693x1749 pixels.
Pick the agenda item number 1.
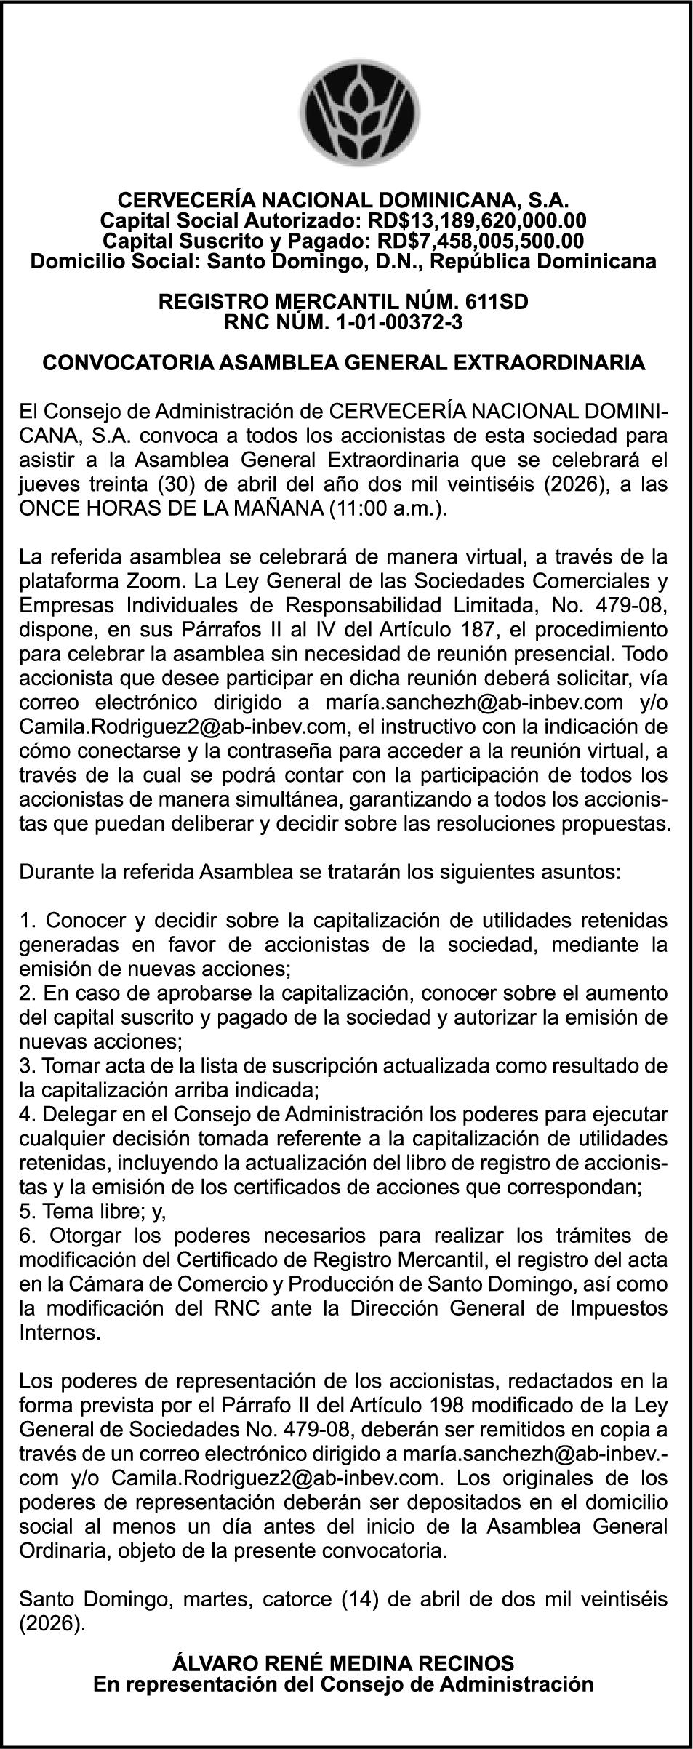coord(28,921)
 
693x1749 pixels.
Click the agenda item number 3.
coord(28,1066)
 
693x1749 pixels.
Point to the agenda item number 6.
coord(28,1236)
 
